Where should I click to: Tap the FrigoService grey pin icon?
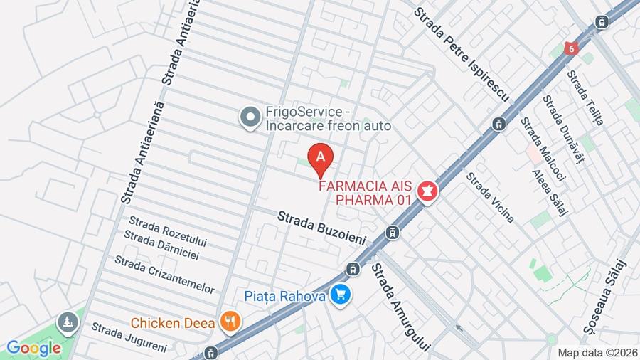pyautogui.click(x=250, y=117)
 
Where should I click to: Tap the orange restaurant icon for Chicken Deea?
pyautogui.click(x=229, y=322)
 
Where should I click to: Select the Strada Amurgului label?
pyautogui.click(x=400, y=307)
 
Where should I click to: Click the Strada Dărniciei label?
pyautogui.click(x=161, y=244)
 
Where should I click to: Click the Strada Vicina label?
pyautogui.click(x=489, y=197)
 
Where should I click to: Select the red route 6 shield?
pyautogui.click(x=570, y=48)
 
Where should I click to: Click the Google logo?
pyautogui.click(x=33, y=348)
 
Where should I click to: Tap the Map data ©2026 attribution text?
pyautogui.click(x=597, y=352)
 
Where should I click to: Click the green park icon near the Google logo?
pyautogui.click(x=68, y=323)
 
